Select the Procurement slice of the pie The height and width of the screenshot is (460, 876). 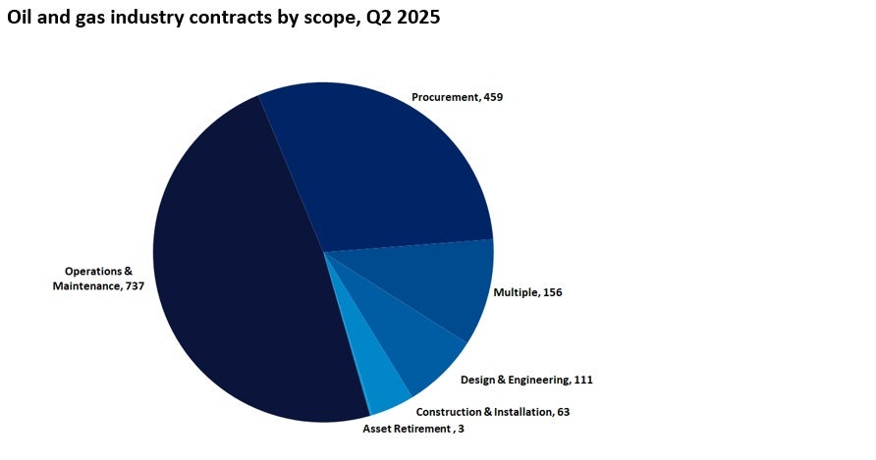point(383,167)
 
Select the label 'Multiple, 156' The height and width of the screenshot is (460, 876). point(527,292)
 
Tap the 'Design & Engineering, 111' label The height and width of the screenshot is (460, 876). point(526,380)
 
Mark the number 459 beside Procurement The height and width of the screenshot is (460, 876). point(494,97)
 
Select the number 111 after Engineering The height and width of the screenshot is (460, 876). point(583,380)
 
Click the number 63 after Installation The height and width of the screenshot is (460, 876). point(563,412)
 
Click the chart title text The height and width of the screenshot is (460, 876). point(224,17)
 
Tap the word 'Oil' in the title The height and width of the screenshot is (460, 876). point(22,17)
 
